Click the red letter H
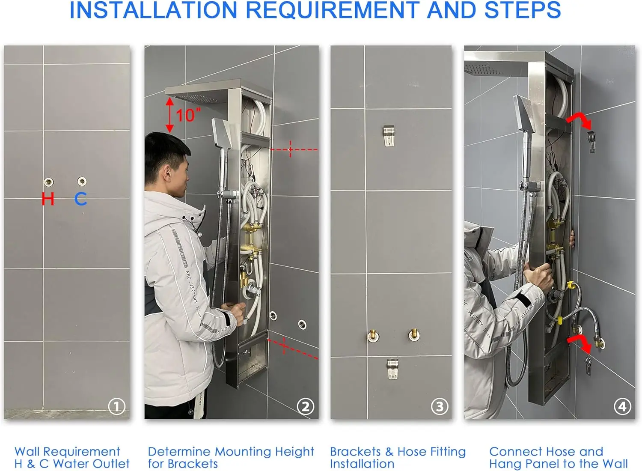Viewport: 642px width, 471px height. pos(48,199)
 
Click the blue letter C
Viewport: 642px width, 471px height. pos(80,199)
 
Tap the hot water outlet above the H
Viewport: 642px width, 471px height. pos(48,182)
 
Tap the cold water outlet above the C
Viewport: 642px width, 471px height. pos(82,181)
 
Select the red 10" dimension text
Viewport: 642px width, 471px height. pos(188,115)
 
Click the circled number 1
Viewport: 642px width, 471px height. pos(117,406)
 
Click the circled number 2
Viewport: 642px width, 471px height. pos(306,406)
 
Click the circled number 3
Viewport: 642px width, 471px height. pos(440,406)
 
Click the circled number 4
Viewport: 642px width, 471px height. pos(622,406)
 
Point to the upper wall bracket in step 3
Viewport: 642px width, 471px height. pos(389,136)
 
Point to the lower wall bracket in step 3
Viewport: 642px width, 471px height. pos(392,369)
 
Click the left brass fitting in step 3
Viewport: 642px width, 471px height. pos(373,335)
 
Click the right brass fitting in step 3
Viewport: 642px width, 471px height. pos(414,334)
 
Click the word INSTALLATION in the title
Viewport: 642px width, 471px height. pos(153,10)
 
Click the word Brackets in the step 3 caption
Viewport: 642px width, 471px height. pos(355,452)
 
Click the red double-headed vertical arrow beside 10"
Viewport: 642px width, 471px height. pos(169,115)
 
